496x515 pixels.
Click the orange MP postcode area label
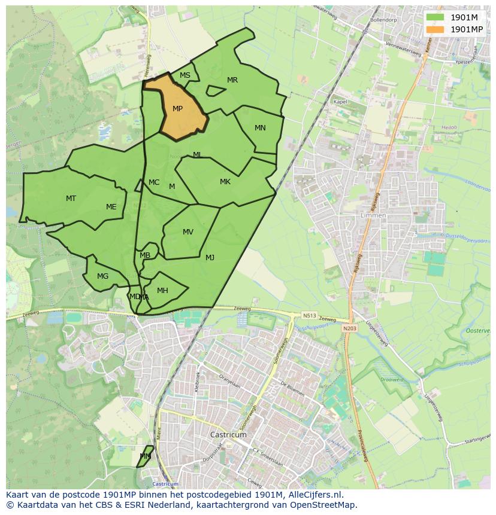tap(177, 109)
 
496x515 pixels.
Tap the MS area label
tap(185, 75)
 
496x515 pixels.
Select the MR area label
tap(232, 80)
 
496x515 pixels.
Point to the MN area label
tap(260, 128)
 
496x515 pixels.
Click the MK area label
tap(225, 182)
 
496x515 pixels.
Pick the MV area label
tap(188, 232)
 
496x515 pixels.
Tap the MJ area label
tap(210, 258)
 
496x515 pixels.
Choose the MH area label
tap(162, 291)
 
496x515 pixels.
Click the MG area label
tap(103, 276)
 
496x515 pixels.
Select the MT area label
tap(71, 199)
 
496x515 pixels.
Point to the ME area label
tap(111, 207)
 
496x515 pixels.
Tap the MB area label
tap(145, 255)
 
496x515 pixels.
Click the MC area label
tap(154, 182)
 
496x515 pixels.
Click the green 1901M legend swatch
tap(435, 17)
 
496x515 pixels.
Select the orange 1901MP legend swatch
tap(435, 29)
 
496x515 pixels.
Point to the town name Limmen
tap(374, 215)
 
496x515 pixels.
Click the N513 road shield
tap(309, 315)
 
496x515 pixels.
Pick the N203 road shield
tap(349, 328)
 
